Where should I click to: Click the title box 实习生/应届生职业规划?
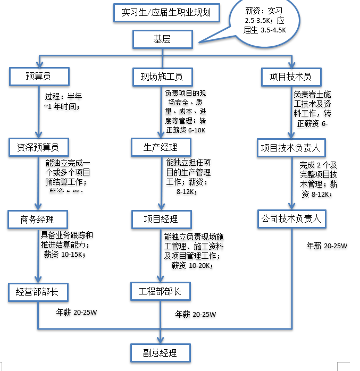(x=166, y=13)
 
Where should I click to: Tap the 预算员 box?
(x=38, y=77)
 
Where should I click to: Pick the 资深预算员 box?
(x=38, y=147)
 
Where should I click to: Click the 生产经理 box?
(x=160, y=147)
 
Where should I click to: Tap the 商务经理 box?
(x=37, y=219)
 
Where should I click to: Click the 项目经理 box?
(x=161, y=219)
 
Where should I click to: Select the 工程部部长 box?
(x=160, y=291)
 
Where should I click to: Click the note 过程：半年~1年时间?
(x=64, y=102)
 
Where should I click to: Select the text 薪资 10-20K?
(x=191, y=265)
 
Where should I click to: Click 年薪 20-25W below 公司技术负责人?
(x=327, y=246)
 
